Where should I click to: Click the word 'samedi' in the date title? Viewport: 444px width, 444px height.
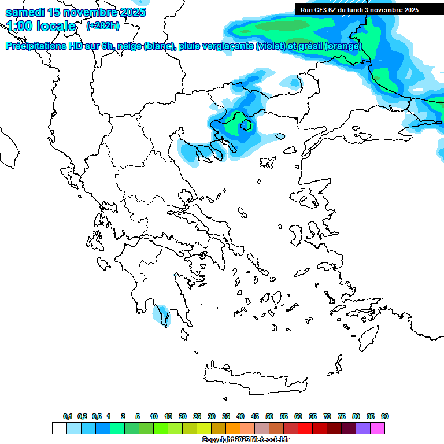26,12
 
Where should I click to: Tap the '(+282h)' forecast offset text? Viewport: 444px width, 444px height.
103,25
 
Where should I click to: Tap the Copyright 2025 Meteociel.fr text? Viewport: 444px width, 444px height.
245,440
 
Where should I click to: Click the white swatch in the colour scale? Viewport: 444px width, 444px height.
60,428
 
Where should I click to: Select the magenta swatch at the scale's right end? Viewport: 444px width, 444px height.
378,428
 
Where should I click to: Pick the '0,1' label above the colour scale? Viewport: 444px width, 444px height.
67,416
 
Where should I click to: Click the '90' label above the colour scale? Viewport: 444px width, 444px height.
385,416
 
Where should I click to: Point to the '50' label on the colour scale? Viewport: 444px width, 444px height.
269,416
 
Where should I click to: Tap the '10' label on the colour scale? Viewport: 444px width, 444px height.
154,416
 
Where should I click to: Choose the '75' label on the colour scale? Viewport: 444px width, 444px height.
342,416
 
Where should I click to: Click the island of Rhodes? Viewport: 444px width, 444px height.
368,337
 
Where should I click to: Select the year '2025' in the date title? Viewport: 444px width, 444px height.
131,12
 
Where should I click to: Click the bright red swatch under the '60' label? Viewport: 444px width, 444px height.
306,428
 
